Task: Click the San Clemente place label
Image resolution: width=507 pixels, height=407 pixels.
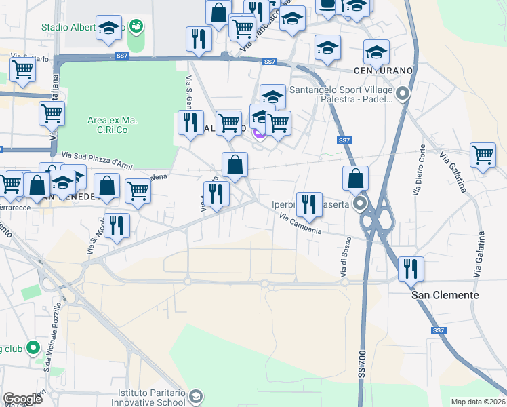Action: tap(445, 295)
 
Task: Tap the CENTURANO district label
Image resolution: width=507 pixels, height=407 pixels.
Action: tap(382, 71)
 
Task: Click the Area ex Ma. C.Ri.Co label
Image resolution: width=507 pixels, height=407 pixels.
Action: tap(113, 125)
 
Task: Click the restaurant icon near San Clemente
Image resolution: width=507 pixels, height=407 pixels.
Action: tap(411, 269)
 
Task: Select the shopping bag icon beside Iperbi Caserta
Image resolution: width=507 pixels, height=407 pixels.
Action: tap(356, 179)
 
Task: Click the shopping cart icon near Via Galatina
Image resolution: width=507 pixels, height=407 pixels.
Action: tap(483, 155)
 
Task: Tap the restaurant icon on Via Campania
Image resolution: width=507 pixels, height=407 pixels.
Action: tap(309, 205)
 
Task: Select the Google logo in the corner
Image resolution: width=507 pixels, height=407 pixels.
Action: tap(23, 399)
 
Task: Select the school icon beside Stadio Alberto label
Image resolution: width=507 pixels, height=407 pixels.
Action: tap(108, 28)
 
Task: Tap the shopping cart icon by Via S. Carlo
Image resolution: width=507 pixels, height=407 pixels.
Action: tap(23, 69)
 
